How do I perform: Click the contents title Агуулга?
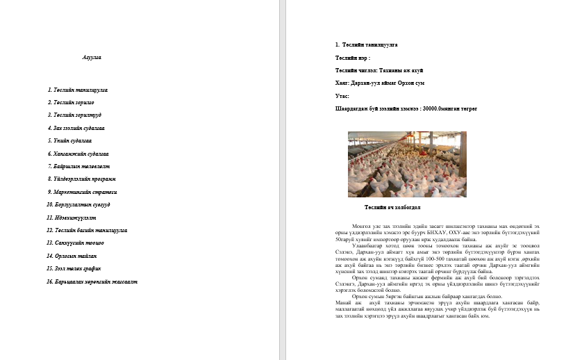92,58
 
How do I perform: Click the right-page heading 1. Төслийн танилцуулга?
366,44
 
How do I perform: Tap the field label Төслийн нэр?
352,58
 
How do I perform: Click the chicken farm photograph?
407,164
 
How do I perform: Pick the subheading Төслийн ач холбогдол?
392,207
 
